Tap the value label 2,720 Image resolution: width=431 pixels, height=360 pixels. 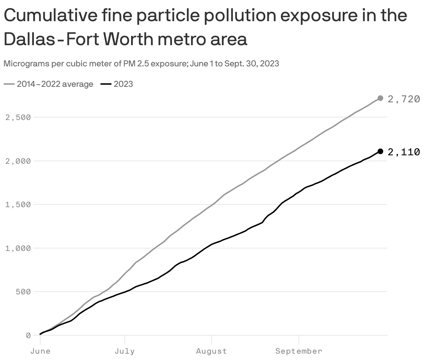point(403,99)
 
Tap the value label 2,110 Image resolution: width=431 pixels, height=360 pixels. point(403,152)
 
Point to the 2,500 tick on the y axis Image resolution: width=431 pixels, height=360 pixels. point(18,118)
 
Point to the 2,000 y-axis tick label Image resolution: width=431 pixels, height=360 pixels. point(18,161)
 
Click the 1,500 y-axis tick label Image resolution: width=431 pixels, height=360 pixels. point(18,205)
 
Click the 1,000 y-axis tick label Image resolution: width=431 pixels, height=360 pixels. point(18,248)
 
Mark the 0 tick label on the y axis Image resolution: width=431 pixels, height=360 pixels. point(28,336)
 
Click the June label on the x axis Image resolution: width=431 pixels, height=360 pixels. point(40,351)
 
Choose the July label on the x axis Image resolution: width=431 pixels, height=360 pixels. point(125,351)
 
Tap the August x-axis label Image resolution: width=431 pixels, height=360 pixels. point(211,351)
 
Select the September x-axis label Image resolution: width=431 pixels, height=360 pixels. point(299,351)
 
